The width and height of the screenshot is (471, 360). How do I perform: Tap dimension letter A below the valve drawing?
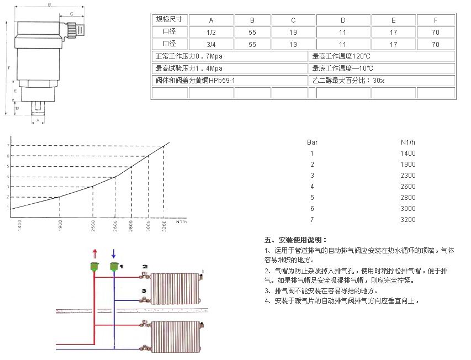coord(38,119)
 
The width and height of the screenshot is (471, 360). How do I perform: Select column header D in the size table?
coord(342,20)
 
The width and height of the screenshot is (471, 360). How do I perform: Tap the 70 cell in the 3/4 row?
coord(436,44)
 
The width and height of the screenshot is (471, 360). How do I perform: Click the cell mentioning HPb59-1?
coord(229,81)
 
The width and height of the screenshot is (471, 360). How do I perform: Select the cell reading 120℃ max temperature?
coord(382,56)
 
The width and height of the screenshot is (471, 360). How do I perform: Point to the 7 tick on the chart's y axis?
coord(8,145)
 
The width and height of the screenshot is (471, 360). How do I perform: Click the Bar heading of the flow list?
coord(313,142)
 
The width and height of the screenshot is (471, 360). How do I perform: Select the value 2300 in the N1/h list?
coord(408,175)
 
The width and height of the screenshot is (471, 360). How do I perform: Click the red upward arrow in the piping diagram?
coord(94,253)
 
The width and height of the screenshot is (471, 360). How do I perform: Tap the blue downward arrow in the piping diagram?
coord(113,253)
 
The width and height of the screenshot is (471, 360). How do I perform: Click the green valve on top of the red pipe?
coord(94,267)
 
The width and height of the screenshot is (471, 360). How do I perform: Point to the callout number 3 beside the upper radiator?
coord(144,290)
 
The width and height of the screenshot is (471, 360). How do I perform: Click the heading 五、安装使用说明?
coord(296,240)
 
